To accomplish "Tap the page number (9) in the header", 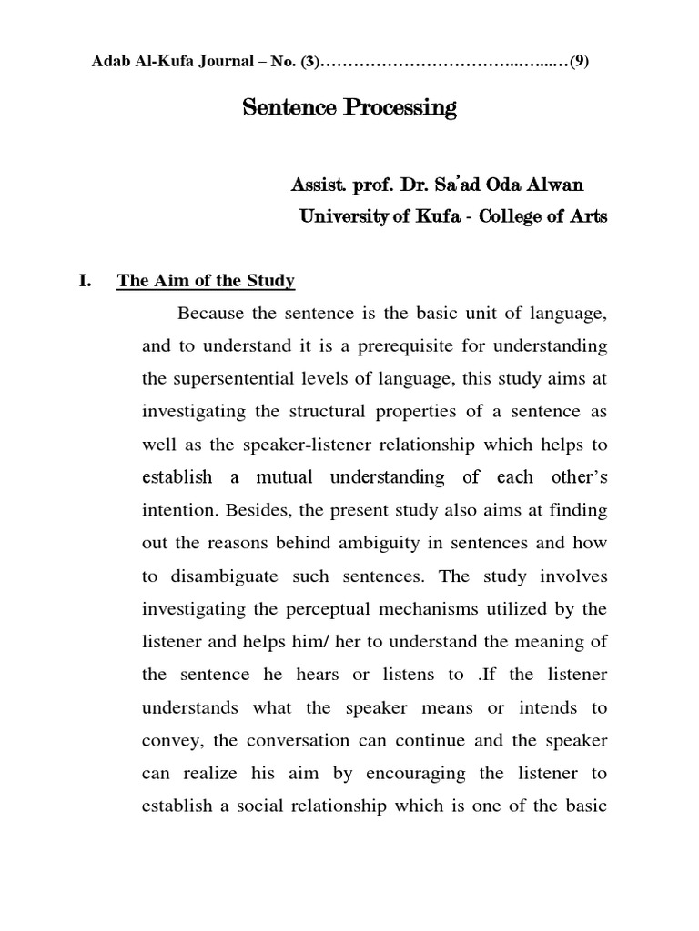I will (x=580, y=63).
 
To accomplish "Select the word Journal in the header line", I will (x=206, y=63).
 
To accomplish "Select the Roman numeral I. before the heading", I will (x=87, y=282).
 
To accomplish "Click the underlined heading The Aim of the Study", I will (x=206, y=282).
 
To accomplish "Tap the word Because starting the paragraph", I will (x=214, y=315).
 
